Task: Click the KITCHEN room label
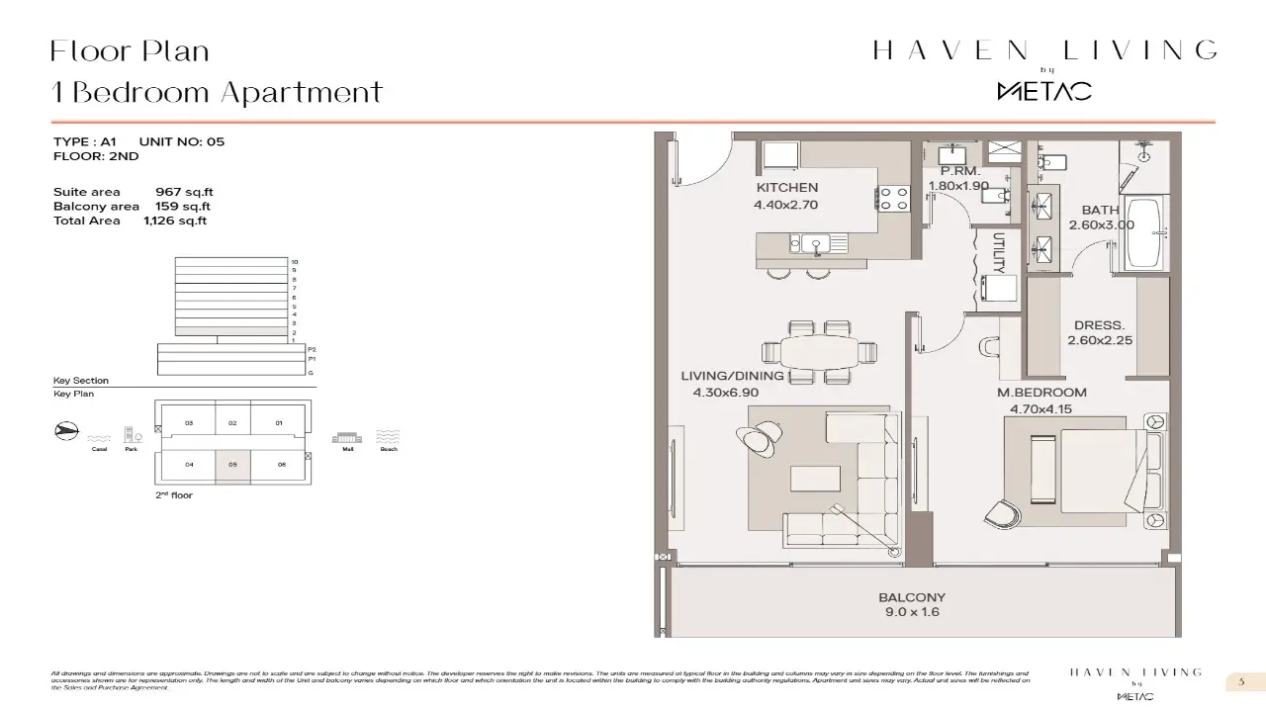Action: (786, 188)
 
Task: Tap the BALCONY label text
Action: (912, 597)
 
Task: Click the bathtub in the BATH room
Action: (1148, 234)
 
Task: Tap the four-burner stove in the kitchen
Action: (894, 198)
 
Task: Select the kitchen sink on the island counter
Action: (817, 243)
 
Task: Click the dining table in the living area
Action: (820, 351)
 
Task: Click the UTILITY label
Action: (999, 252)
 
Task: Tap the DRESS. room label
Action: (1099, 325)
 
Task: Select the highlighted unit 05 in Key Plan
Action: (233, 464)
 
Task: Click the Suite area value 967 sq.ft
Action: (184, 192)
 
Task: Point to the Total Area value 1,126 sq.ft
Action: (174, 221)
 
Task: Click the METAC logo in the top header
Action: (1043, 91)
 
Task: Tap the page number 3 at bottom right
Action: (1240, 681)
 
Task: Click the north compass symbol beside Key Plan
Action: (65, 431)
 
